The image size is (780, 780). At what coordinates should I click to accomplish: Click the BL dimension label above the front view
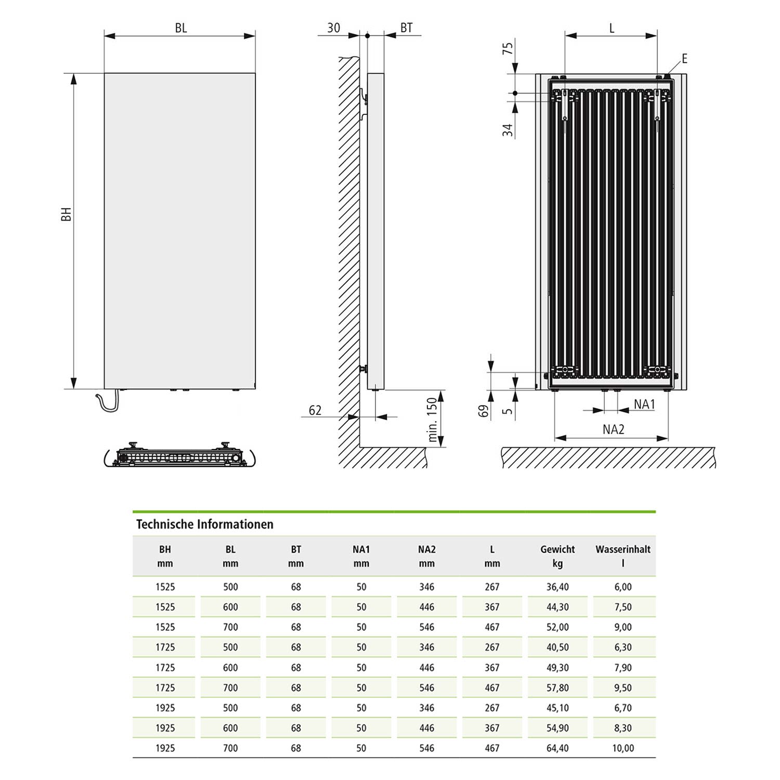tap(180, 28)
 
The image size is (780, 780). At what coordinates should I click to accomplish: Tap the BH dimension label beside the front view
tap(66, 214)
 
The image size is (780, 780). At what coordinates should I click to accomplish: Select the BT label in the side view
tap(407, 28)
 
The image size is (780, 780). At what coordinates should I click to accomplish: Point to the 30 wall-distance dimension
tap(333, 28)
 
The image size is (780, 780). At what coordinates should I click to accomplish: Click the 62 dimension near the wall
tap(315, 410)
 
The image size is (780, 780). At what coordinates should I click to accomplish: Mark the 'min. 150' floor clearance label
tap(432, 420)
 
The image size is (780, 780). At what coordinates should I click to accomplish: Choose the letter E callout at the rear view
tap(684, 59)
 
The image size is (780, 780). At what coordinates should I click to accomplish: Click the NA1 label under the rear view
tap(644, 404)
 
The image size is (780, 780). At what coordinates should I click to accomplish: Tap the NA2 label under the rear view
tap(614, 430)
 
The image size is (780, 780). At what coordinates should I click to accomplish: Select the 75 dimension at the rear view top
tap(508, 48)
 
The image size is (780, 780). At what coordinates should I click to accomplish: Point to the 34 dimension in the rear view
tap(508, 130)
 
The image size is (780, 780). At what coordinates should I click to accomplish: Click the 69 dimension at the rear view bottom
tap(484, 411)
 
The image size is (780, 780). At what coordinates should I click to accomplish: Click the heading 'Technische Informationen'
tap(204, 524)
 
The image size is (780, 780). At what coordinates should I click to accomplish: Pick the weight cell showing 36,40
tap(557, 587)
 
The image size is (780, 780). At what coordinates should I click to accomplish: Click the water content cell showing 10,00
tap(623, 748)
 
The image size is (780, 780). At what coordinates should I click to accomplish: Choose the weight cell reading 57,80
tap(557, 688)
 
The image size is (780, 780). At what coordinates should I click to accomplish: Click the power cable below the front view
tap(108, 404)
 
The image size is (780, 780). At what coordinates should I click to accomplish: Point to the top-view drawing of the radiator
tap(180, 456)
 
